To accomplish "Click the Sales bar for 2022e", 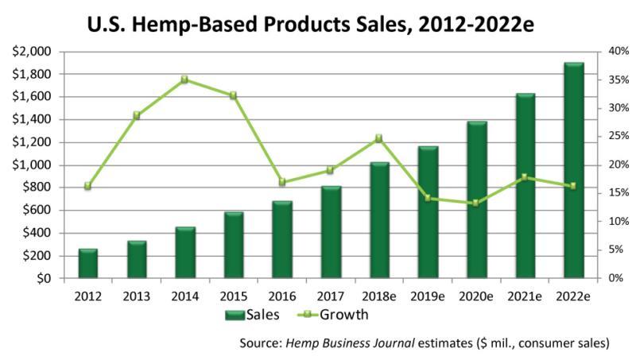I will pyautogui.click(x=573, y=171).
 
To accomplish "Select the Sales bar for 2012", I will pyautogui.click(x=88, y=264).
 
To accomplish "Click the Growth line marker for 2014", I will pyautogui.click(x=184, y=79).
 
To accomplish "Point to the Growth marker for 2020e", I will pyautogui.click(x=475, y=203).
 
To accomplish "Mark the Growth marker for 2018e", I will pyautogui.click(x=378, y=138).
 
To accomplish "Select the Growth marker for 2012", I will pyautogui.click(x=87, y=186).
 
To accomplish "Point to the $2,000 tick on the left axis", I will pyautogui.click(x=33, y=52).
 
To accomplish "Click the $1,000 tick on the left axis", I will pyautogui.click(x=33, y=165).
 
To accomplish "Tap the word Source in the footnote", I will pyautogui.click(x=259, y=343).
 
